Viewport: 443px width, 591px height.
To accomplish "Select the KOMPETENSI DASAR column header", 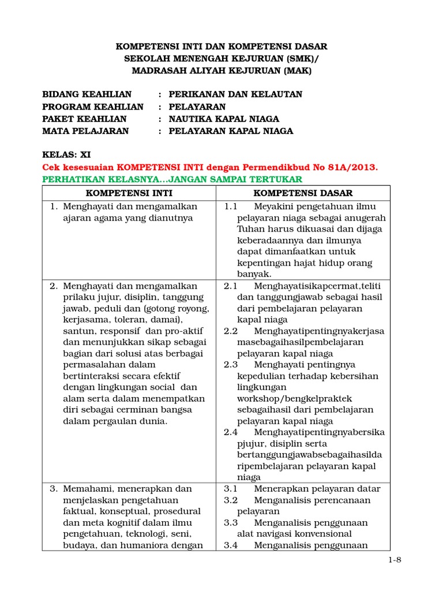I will (x=303, y=193).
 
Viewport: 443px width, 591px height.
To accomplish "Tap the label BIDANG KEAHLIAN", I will (x=87, y=94).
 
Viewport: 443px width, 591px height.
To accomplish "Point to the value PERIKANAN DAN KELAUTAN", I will (x=235, y=94).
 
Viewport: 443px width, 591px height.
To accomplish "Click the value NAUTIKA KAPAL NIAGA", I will (x=224, y=119).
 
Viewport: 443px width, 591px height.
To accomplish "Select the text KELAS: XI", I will (x=66, y=155).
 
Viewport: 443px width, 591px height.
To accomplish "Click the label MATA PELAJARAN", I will (x=86, y=131).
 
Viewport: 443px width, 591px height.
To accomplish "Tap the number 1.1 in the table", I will (x=231, y=207).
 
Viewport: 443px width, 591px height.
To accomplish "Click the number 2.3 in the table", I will (x=231, y=365).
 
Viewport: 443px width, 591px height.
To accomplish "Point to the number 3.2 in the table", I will (x=231, y=500).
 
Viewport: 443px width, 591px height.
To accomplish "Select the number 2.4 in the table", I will (x=231, y=432).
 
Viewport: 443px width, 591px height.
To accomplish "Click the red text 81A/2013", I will (x=354, y=167).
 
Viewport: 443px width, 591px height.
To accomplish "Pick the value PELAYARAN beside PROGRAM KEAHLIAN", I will (x=197, y=107).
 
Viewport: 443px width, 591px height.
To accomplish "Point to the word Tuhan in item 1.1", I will (x=249, y=229).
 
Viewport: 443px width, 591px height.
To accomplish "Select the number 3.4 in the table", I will (x=231, y=545).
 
